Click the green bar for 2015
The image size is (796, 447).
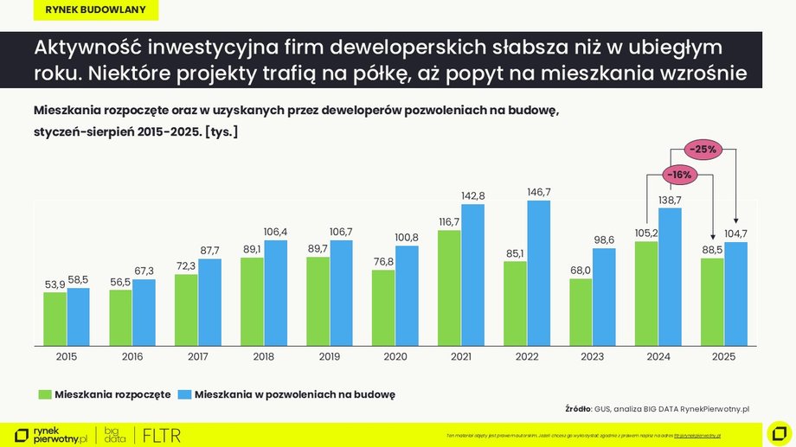pos(55,317)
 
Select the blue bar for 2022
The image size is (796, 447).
pos(539,271)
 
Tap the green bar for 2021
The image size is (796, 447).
pos(449,286)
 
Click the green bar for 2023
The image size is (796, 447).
pos(581,310)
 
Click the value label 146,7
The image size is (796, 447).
pos(539,191)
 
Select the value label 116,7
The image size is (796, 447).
pos(448,221)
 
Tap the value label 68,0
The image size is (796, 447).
pos(581,270)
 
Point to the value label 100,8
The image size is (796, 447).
pos(407,237)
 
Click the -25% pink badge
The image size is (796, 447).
pos(702,150)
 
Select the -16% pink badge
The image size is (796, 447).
pos(679,175)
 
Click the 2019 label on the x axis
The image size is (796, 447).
pos(329,355)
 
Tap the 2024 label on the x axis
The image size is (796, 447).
pos(658,355)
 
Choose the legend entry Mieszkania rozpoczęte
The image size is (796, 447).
pos(112,394)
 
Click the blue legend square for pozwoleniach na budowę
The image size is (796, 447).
pos(183,394)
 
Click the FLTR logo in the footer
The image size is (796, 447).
pos(161,435)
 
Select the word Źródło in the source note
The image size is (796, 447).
pos(577,408)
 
